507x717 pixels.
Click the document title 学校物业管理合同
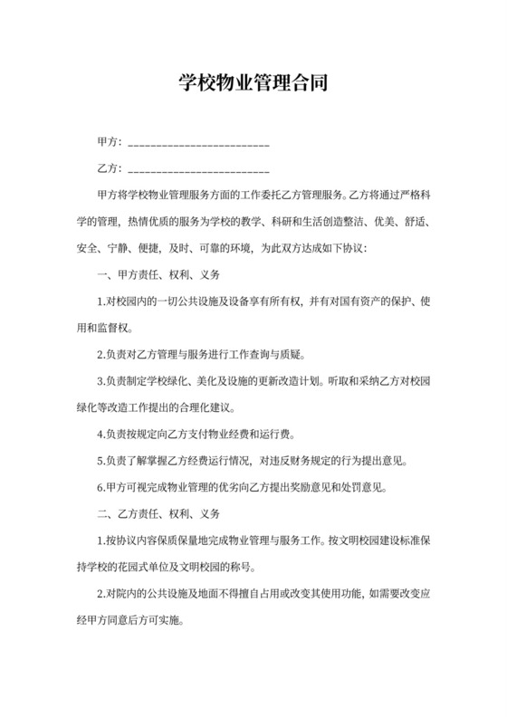pyautogui.click(x=253, y=84)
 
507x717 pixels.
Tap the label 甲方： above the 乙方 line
pyautogui.click(x=110, y=143)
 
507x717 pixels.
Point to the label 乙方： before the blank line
pyautogui.click(x=110, y=168)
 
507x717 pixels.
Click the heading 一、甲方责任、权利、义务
pyautogui.click(x=158, y=273)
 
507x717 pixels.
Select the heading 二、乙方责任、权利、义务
pyautogui.click(x=158, y=513)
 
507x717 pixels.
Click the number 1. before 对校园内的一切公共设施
pyautogui.click(x=100, y=301)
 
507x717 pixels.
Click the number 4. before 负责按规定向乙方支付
pyautogui.click(x=100, y=434)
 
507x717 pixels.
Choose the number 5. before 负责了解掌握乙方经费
pyautogui.click(x=100, y=460)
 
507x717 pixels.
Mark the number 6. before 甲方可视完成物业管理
pyautogui.click(x=100, y=487)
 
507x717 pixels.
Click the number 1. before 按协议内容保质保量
pyautogui.click(x=100, y=540)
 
